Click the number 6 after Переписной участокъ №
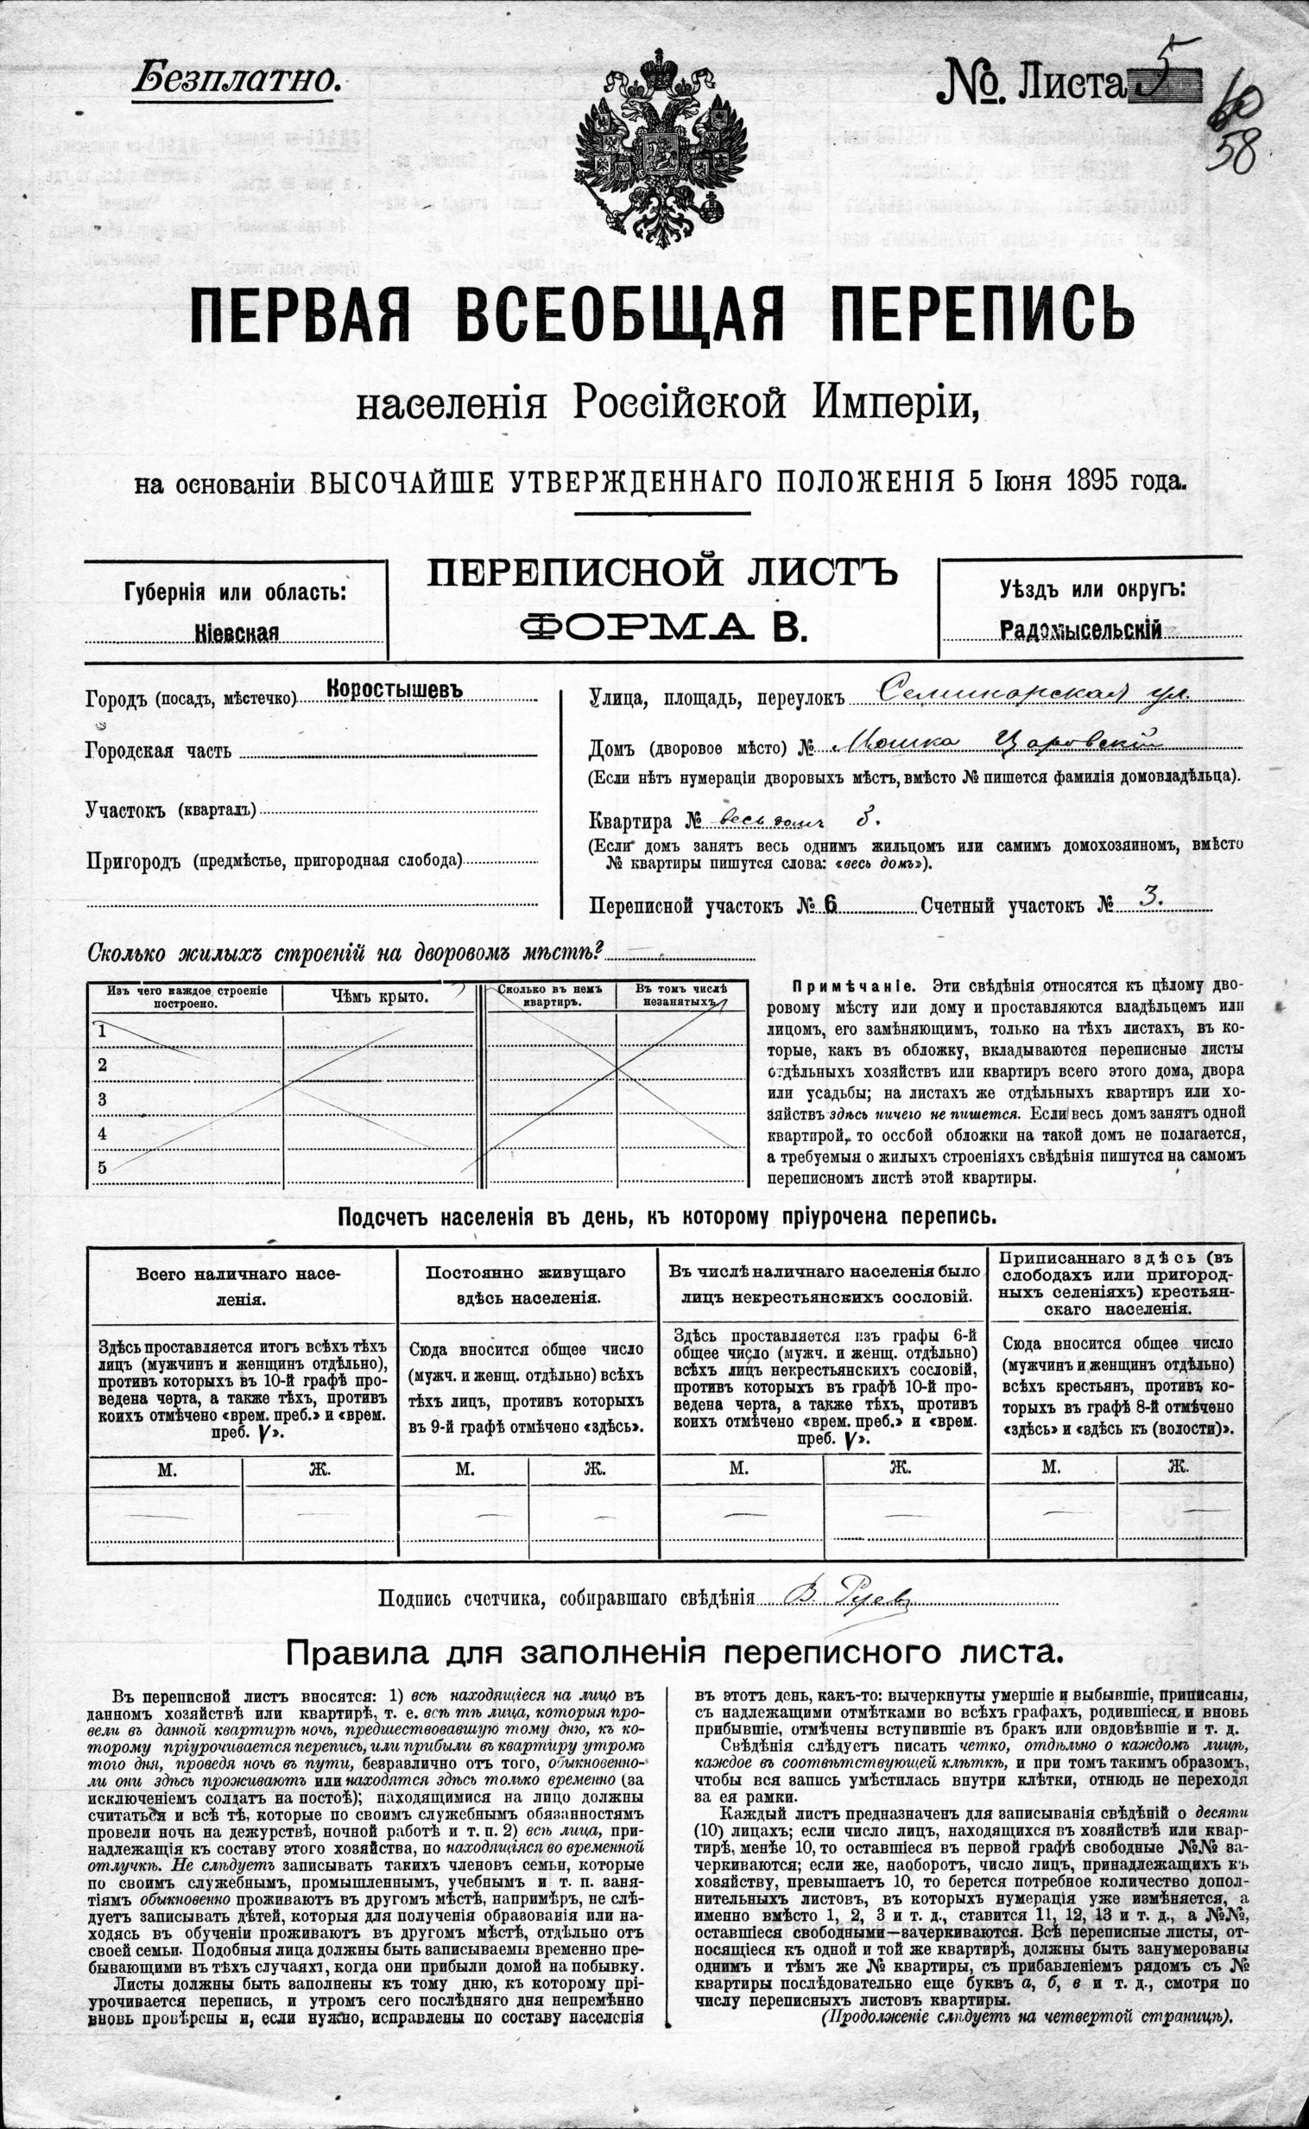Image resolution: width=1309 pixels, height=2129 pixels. coord(832,904)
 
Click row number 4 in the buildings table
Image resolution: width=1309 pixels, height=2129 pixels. coord(102,1132)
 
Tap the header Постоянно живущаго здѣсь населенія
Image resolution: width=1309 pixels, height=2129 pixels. coord(526,1286)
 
